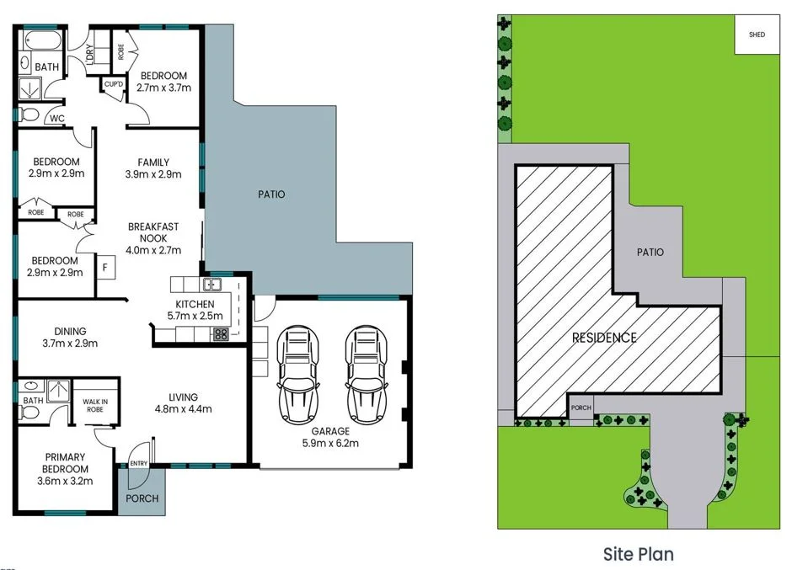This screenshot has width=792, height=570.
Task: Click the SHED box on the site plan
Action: pyautogui.click(x=757, y=35)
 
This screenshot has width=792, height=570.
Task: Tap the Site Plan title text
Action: pyautogui.click(x=638, y=553)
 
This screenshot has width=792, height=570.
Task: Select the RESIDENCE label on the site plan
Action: pyautogui.click(x=604, y=338)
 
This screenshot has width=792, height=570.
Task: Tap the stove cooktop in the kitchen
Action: pyautogui.click(x=220, y=333)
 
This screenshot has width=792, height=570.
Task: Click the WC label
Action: pyautogui.click(x=57, y=119)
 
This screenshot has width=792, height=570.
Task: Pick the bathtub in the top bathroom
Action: pyautogui.click(x=40, y=40)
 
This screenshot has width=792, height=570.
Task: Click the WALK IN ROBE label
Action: pyautogui.click(x=94, y=406)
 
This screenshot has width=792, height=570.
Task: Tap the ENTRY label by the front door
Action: pyautogui.click(x=137, y=464)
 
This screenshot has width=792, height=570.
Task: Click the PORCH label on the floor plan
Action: pyautogui.click(x=142, y=498)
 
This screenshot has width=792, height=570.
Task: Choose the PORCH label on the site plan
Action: pyautogui.click(x=581, y=408)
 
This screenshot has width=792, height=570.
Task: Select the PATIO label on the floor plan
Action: pyautogui.click(x=271, y=194)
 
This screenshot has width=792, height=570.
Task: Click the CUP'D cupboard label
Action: pyautogui.click(x=113, y=84)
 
